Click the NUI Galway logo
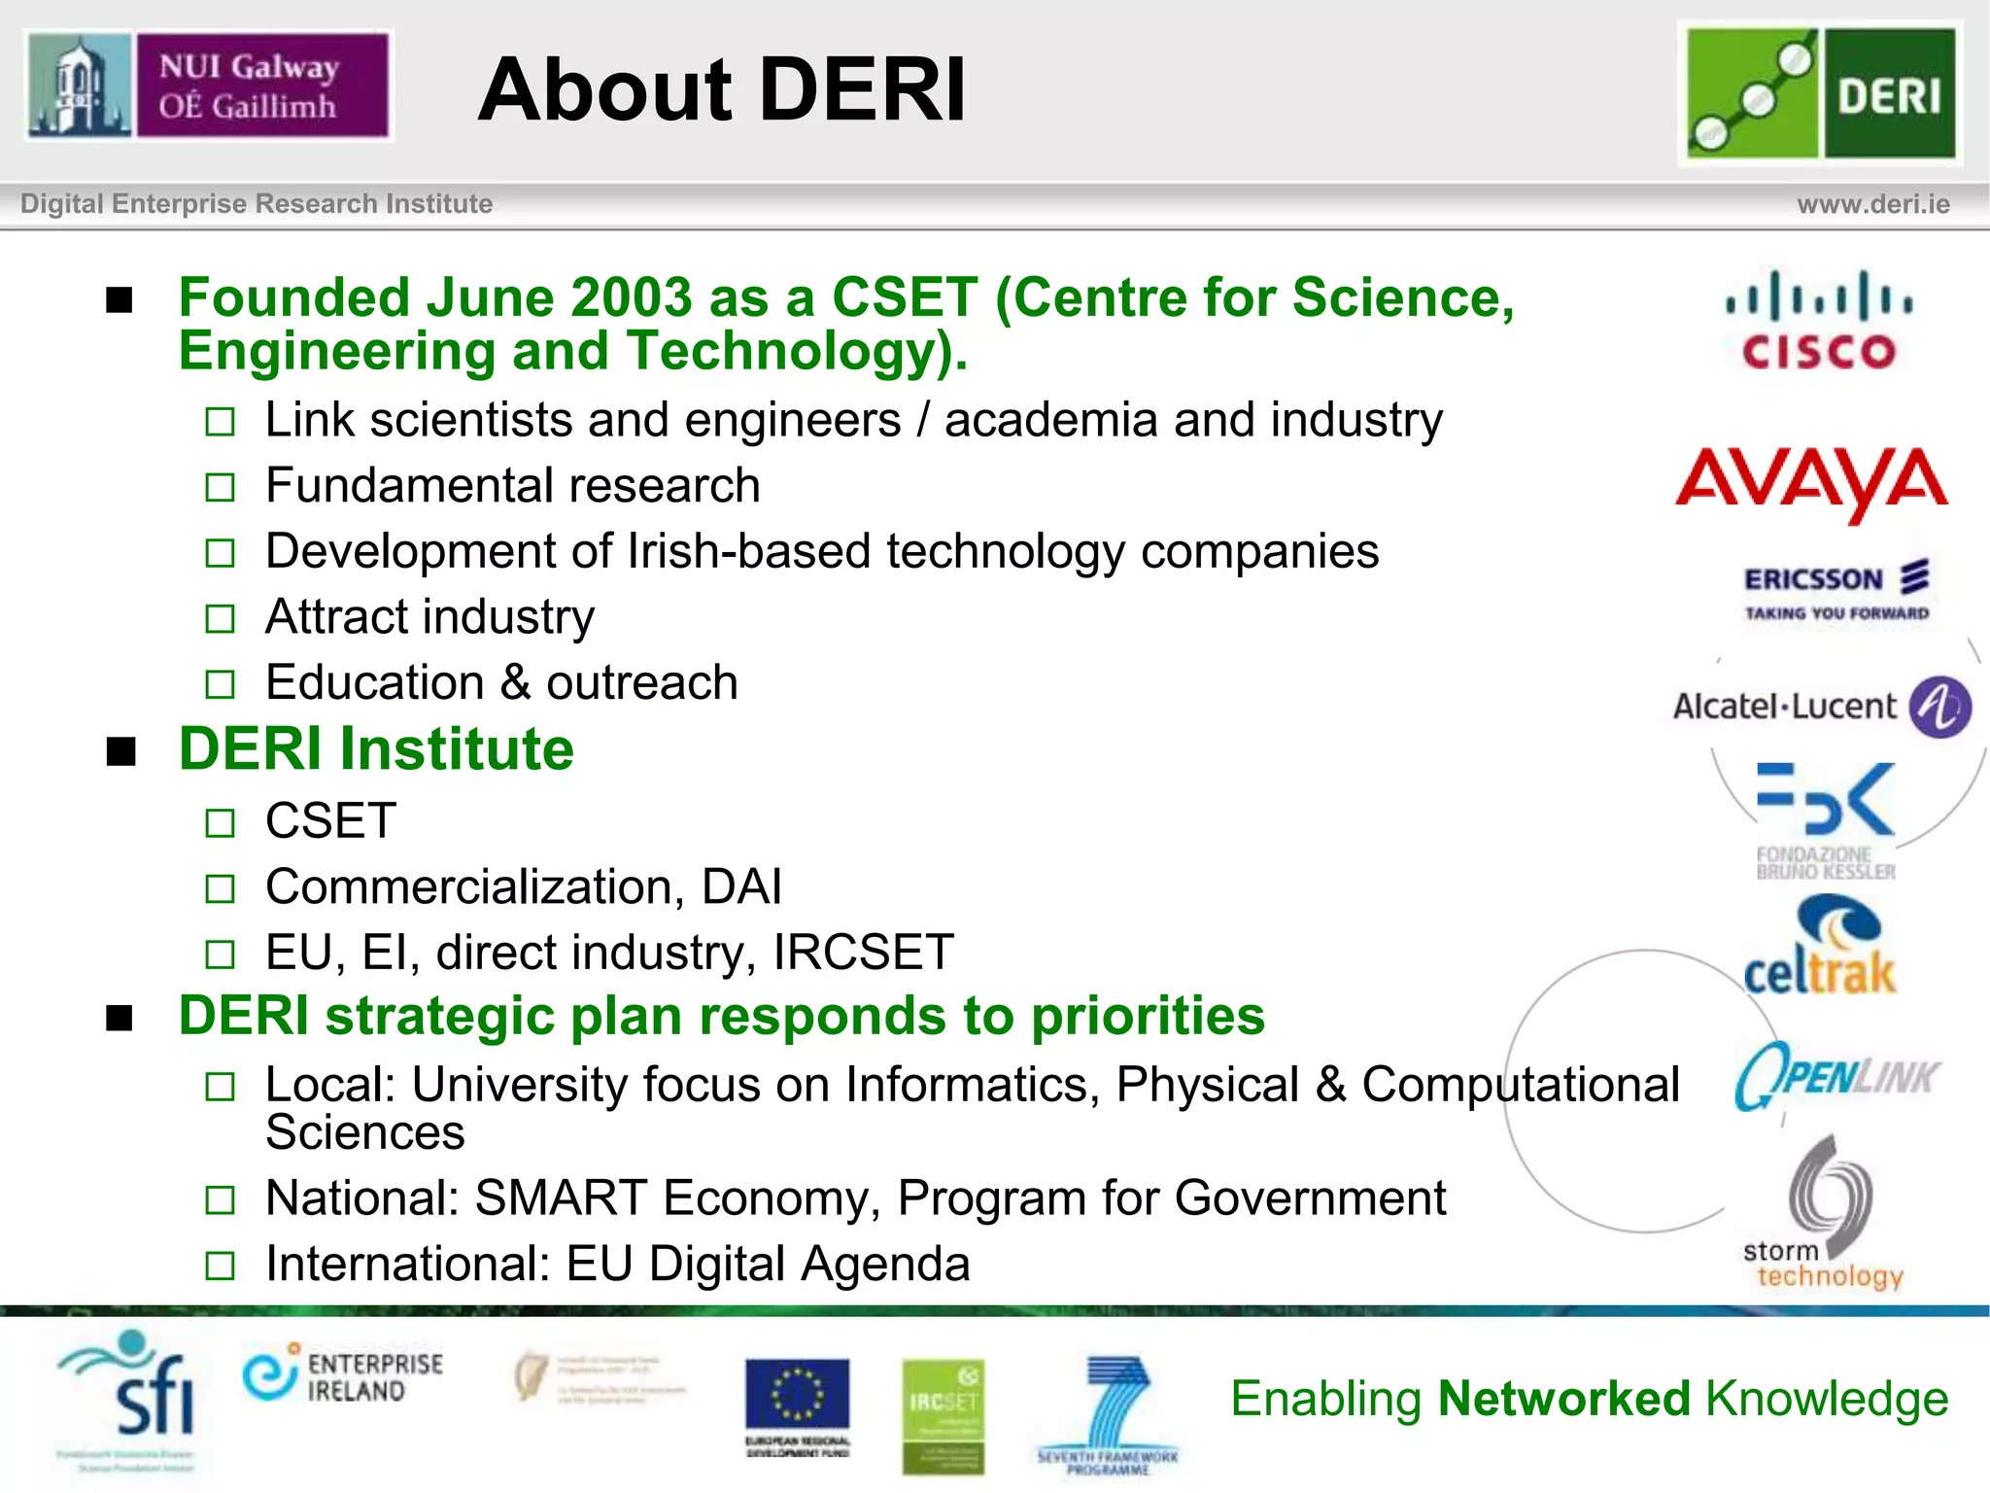208,86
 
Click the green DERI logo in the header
1820,92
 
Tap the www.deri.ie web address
1872,204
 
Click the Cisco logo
1818,321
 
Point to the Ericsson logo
1836,590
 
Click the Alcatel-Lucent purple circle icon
1939,707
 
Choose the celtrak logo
1820,947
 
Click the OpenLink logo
1836,1075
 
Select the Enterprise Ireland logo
342,1376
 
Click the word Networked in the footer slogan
1564,1399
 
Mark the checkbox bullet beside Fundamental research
221,487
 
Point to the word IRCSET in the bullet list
863,952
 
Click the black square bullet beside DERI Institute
120,751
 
